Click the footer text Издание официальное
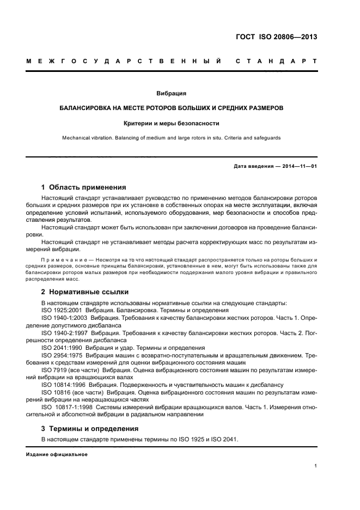click(57, 454)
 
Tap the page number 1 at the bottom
click(316, 466)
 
